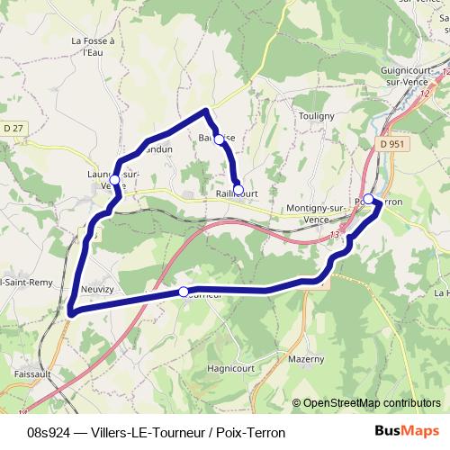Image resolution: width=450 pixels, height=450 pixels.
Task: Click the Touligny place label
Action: pyautogui.click(x=316, y=116)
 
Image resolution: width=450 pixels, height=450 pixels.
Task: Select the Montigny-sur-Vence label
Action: pyautogui.click(x=315, y=213)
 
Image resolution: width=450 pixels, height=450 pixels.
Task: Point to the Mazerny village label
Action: pyautogui.click(x=307, y=358)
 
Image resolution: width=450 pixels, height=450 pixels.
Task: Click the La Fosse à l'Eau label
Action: pyautogui.click(x=87, y=47)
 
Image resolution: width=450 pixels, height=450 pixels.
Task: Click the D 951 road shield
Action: pyautogui.click(x=391, y=143)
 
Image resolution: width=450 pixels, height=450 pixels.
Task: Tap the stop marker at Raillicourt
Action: pyautogui.click(x=238, y=190)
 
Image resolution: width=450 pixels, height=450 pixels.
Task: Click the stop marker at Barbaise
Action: pyautogui.click(x=219, y=139)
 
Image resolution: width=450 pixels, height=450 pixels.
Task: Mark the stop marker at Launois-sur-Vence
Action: pyautogui.click(x=114, y=180)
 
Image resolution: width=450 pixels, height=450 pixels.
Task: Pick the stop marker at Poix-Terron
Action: pyautogui.click(x=368, y=199)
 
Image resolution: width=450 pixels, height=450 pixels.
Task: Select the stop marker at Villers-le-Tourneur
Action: pyautogui.click(x=184, y=292)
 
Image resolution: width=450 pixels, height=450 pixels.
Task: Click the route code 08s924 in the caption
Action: pyautogui.click(x=49, y=433)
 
